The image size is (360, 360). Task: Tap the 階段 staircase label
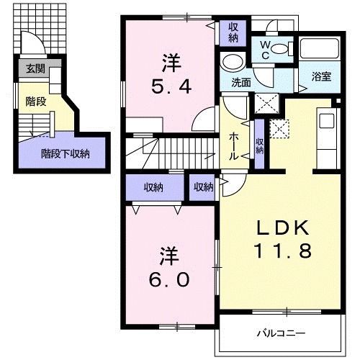[36, 102]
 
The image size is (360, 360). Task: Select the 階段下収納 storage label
[65, 153]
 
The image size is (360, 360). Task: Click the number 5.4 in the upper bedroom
[169, 87]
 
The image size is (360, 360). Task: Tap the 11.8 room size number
[283, 252]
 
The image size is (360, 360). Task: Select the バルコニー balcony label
[282, 333]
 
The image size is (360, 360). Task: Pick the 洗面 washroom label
[240, 82]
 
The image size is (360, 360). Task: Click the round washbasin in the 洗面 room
[233, 60]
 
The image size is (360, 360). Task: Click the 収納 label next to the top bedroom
[233, 32]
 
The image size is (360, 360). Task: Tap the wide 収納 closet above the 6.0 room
[153, 187]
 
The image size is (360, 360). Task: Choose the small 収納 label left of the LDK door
[203, 187]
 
